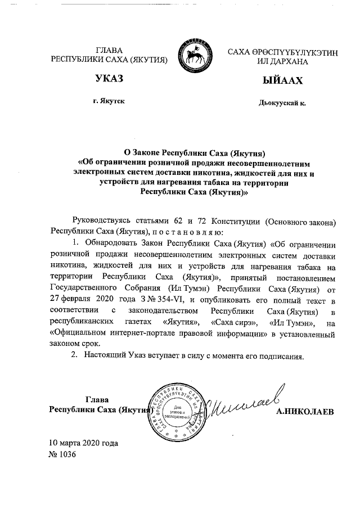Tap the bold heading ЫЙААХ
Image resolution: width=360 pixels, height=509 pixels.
tap(282, 81)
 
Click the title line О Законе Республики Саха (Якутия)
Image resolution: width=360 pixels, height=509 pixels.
tap(194, 153)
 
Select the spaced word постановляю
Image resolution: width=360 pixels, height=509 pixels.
tap(188, 232)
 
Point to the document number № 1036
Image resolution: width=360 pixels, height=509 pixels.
tap(62, 454)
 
